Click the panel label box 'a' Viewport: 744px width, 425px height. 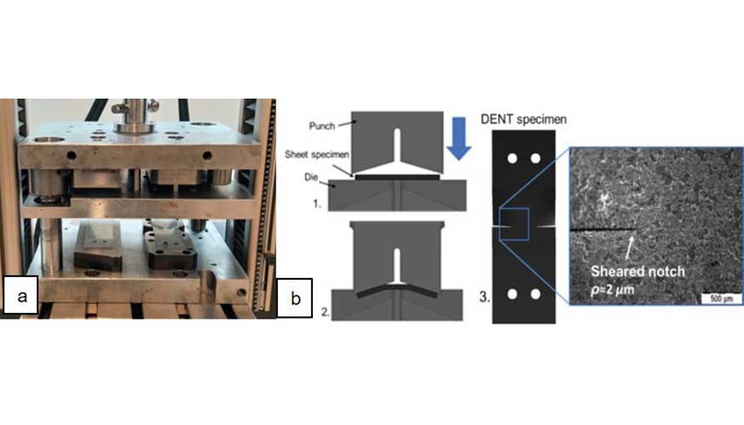click(x=21, y=296)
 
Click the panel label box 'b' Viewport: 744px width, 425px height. click(x=295, y=297)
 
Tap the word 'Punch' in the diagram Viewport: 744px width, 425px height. click(x=322, y=126)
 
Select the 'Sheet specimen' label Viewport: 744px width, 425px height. click(x=317, y=154)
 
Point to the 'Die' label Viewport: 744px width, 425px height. click(x=311, y=177)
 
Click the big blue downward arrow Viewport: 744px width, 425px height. click(x=458, y=139)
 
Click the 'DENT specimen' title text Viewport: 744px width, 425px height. click(x=524, y=119)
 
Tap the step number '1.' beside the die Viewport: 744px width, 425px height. click(x=317, y=204)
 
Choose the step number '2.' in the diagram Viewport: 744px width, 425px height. click(x=326, y=312)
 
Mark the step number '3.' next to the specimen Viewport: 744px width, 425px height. click(x=484, y=297)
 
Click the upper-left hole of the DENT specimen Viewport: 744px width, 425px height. click(x=512, y=158)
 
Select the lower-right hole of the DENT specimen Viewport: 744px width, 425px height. click(x=535, y=294)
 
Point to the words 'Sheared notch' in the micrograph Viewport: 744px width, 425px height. click(x=638, y=271)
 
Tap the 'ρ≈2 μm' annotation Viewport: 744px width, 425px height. click(x=612, y=289)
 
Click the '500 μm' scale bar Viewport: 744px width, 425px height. click(x=721, y=298)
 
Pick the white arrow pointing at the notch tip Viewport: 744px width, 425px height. click(x=629, y=247)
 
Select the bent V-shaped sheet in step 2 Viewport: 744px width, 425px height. click(x=397, y=289)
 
